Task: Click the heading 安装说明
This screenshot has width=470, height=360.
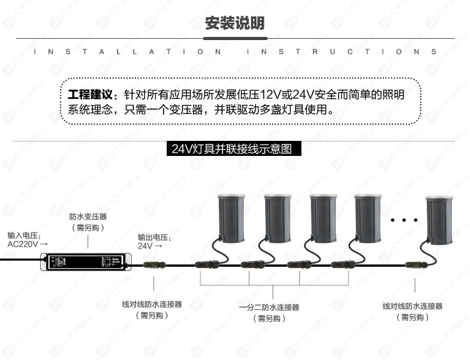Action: tap(235, 24)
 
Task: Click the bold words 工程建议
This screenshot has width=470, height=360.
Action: tap(92, 95)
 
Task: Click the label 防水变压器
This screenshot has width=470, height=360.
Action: tap(88, 217)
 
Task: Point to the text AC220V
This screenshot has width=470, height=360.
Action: tap(24, 245)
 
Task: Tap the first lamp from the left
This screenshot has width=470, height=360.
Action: tap(232, 215)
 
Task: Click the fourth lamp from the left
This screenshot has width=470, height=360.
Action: tap(370, 215)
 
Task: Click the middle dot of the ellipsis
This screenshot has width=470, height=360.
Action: tap(404, 220)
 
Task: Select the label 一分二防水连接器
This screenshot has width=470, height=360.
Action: tap(269, 307)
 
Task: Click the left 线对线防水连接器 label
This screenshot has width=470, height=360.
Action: tap(152, 305)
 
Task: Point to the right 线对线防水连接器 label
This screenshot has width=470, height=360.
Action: tap(412, 306)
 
